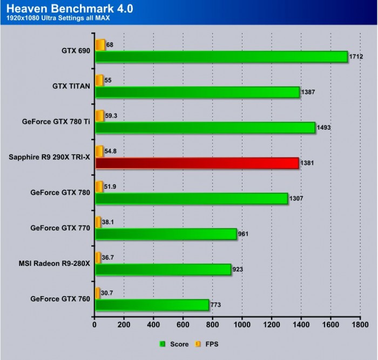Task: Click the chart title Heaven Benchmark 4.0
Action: click(70, 9)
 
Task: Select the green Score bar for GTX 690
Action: click(221, 57)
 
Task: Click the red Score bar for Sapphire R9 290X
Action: click(197, 163)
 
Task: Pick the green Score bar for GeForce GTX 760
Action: click(152, 305)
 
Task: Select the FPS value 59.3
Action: click(112, 115)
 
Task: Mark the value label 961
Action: click(245, 234)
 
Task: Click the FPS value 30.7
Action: click(108, 292)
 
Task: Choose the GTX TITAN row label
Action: click(71, 86)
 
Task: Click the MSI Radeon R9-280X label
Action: click(54, 264)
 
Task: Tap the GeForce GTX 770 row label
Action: click(60, 228)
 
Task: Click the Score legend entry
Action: click(174, 344)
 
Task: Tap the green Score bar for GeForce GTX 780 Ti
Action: click(205, 128)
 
